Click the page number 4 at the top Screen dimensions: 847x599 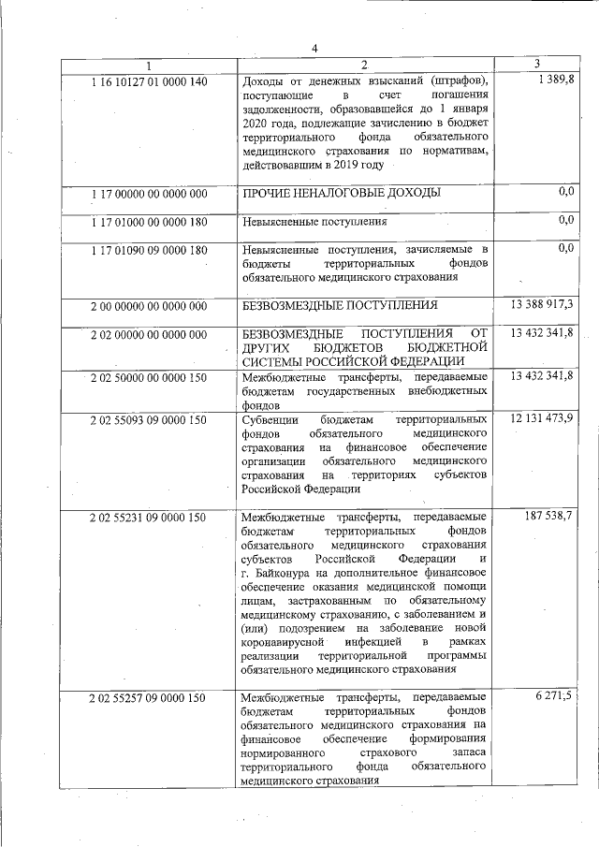pyautogui.click(x=314, y=50)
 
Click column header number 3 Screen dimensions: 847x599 pyautogui.click(x=536, y=64)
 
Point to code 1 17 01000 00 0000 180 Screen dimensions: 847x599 pyautogui.click(x=149, y=222)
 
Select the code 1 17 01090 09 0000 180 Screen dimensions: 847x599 pyautogui.click(x=149, y=250)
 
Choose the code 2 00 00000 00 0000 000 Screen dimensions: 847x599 pyautogui.click(x=149, y=306)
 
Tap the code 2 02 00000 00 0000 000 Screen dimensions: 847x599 pyautogui.click(x=149, y=334)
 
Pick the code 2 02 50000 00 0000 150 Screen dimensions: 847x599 pyautogui.click(x=149, y=376)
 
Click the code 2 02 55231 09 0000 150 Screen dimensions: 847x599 pyautogui.click(x=149, y=516)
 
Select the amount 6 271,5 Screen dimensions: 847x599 pyautogui.click(x=556, y=697)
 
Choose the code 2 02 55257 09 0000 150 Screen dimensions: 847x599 pyautogui.click(x=149, y=698)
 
